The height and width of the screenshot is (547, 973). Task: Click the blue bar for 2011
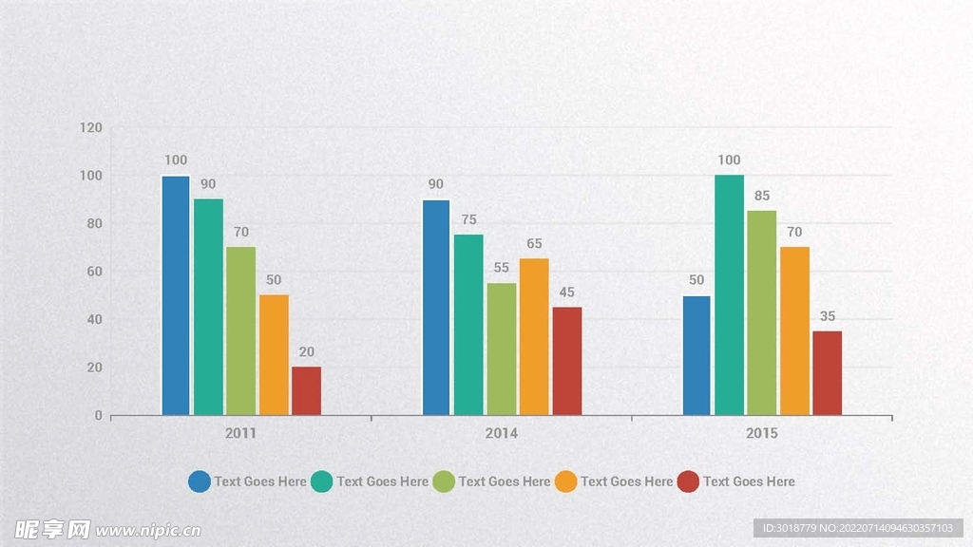(x=176, y=295)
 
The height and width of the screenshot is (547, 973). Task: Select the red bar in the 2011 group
(x=306, y=391)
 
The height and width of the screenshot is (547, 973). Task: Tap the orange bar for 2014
(x=534, y=336)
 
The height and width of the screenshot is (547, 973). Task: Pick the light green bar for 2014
(x=502, y=349)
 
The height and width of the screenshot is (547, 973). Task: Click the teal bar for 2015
(x=729, y=295)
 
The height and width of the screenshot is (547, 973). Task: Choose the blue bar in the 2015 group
(x=696, y=355)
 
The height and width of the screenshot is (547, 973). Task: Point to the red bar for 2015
(x=827, y=372)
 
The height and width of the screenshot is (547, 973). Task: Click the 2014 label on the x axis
(x=502, y=433)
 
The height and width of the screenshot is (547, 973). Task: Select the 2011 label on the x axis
(x=240, y=433)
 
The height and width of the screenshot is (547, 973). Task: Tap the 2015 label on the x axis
(x=762, y=433)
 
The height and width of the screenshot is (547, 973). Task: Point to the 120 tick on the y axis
(x=91, y=127)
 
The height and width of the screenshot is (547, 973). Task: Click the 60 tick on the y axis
(x=94, y=272)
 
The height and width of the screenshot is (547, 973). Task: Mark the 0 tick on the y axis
(x=98, y=415)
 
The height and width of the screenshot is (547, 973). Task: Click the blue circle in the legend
(x=200, y=481)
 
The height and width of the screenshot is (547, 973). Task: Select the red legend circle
(x=689, y=481)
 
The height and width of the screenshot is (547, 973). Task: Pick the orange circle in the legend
(x=566, y=481)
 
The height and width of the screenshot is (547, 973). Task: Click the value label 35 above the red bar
(x=827, y=316)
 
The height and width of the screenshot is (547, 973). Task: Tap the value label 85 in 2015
(x=762, y=196)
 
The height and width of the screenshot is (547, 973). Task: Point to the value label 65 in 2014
(x=534, y=244)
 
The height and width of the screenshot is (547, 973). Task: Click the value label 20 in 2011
(x=306, y=352)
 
